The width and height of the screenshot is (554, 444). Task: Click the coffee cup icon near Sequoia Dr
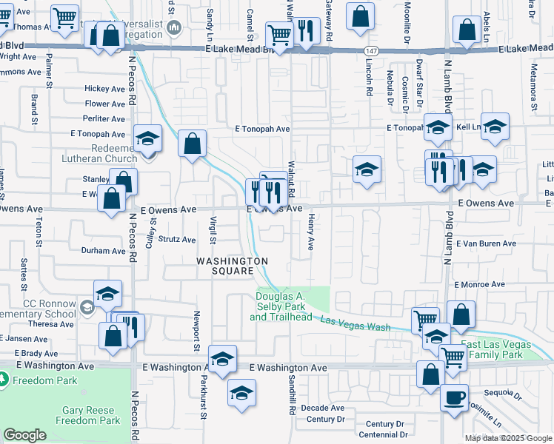coord(454,397)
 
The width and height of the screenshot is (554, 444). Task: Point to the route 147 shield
coord(371,49)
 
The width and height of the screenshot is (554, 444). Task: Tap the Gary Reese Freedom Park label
coord(91,415)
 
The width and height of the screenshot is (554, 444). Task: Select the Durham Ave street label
coord(103,251)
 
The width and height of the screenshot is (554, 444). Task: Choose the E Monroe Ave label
coord(479,284)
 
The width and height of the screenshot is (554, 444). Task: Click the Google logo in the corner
coord(25,435)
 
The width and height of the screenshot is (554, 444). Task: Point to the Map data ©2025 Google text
coord(508,438)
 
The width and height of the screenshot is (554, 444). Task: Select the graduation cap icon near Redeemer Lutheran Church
coord(147,138)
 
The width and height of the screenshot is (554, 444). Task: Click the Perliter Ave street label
coord(104,118)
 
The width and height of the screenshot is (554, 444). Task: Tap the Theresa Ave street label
coord(51,324)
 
